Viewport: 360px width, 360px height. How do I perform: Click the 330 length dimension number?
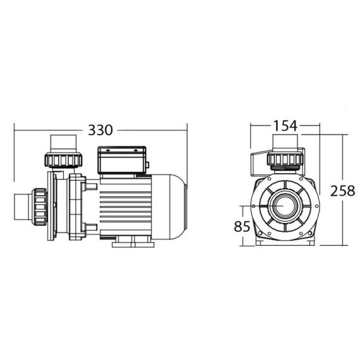(100, 130)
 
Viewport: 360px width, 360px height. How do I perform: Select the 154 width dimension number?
(285, 126)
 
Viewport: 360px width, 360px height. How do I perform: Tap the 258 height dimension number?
(342, 191)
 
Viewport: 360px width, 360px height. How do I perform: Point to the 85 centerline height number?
(242, 226)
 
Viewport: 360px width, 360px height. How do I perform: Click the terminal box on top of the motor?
(122, 160)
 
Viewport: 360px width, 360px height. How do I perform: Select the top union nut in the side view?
(63, 160)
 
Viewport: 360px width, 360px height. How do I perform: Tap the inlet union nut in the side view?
(40, 207)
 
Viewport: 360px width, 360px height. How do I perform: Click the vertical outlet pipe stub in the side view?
(63, 144)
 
